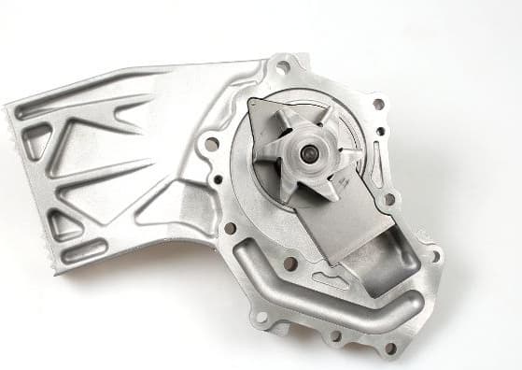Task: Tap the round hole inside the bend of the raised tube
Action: pyautogui.click(x=290, y=264)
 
